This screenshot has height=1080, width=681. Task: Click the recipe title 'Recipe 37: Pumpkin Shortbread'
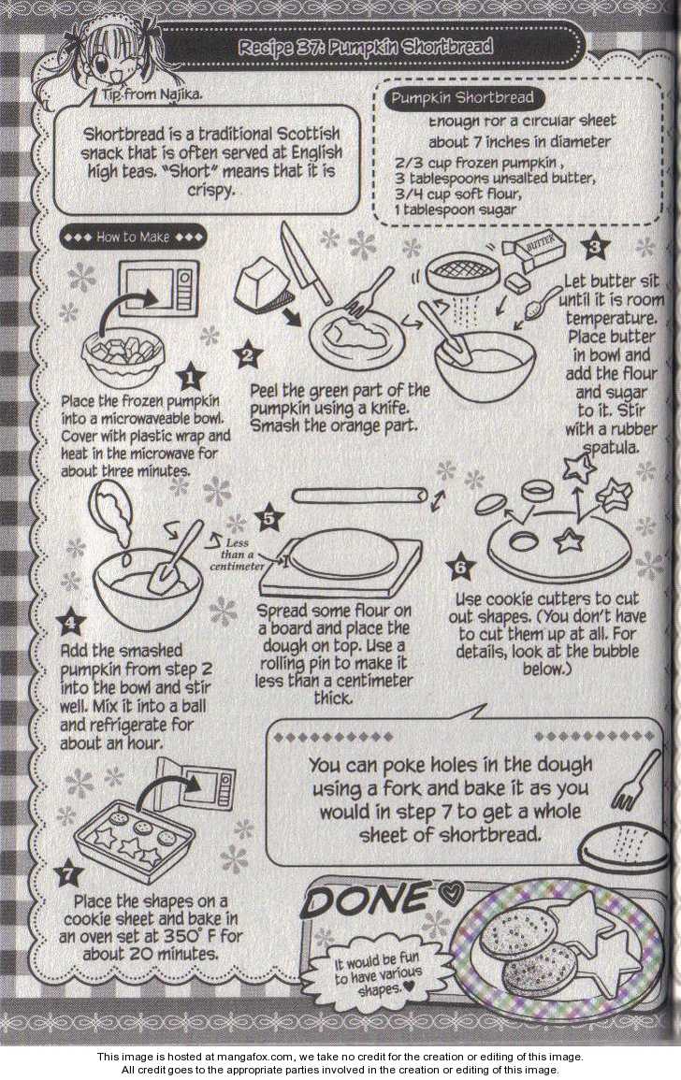[x=366, y=47]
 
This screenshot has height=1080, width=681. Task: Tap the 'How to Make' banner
[x=132, y=237]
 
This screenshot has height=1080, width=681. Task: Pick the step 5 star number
[x=268, y=518]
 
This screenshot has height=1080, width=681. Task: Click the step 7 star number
[x=69, y=874]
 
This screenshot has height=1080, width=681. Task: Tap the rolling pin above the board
[x=357, y=497]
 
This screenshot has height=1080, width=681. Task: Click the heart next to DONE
[x=452, y=895]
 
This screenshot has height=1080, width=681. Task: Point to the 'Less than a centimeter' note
[x=237, y=554]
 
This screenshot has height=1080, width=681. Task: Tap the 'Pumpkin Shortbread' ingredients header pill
[x=462, y=98]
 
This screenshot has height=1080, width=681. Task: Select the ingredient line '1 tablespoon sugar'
[x=455, y=209]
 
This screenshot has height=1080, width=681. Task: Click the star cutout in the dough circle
[x=569, y=541]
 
